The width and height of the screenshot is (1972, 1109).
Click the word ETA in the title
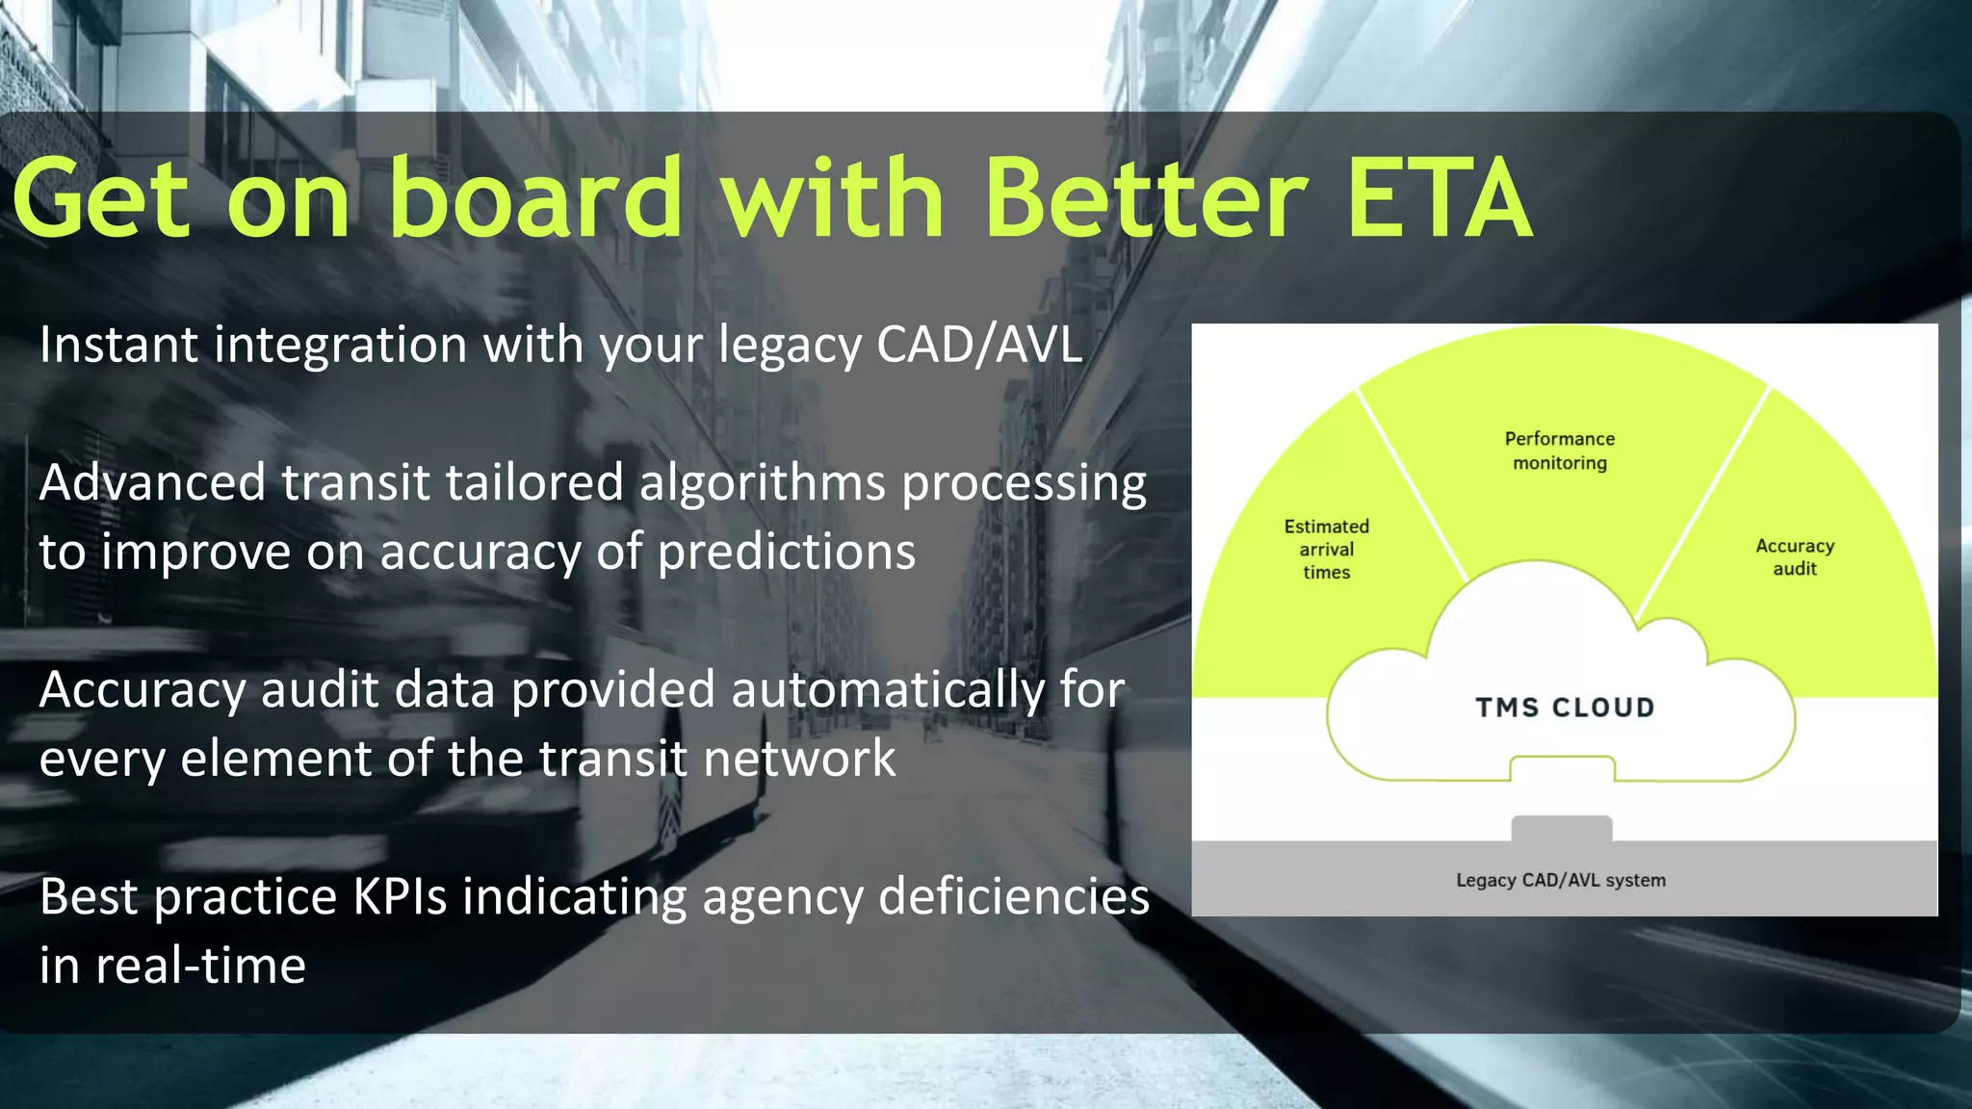[1439, 200]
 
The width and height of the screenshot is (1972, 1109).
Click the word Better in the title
[1146, 200]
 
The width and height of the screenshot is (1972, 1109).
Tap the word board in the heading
[535, 200]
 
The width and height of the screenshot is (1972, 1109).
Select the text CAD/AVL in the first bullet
[979, 345]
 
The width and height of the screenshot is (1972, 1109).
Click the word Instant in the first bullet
[118, 345]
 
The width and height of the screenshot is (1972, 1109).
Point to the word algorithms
[762, 483]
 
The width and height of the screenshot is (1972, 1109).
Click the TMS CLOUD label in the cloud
[1565, 708]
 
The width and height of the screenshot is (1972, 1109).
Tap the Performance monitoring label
[1560, 451]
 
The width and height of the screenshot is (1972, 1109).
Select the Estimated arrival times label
[1326, 550]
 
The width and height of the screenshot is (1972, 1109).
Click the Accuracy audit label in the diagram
[1795, 557]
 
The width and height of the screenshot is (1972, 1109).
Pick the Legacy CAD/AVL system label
[1560, 880]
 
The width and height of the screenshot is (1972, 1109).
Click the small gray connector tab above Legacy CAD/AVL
[1561, 828]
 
